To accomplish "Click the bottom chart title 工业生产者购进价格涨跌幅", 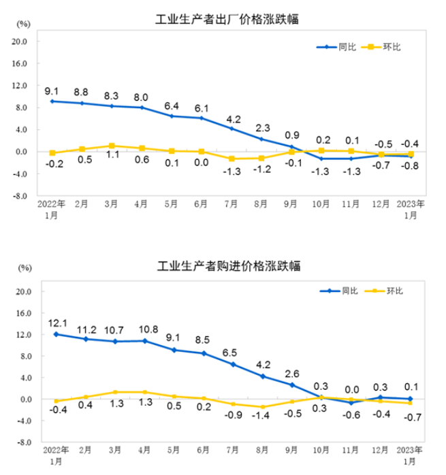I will pyautogui.click(x=229, y=265).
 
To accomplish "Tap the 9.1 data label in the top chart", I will pyautogui.click(x=52, y=91).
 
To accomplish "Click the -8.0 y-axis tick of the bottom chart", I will pyautogui.click(x=22, y=442).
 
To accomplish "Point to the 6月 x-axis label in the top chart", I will pyautogui.click(x=202, y=204).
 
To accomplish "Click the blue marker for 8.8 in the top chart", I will pyautogui.click(x=82, y=103).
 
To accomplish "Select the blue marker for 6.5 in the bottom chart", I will pyautogui.click(x=233, y=364).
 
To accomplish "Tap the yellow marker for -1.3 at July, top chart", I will pyautogui.click(x=232, y=159).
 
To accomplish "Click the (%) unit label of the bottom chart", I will pyautogui.click(x=24, y=267).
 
